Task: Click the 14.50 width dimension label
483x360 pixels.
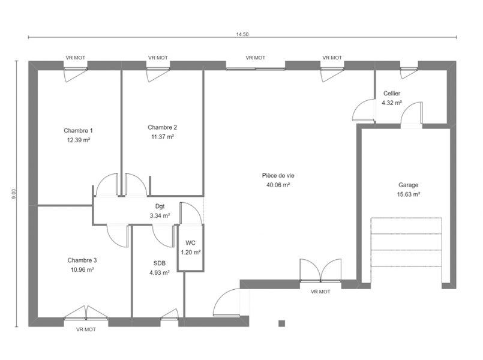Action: point(242,34)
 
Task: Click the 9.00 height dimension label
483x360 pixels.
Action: point(14,194)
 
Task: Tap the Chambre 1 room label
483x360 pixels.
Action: point(78,131)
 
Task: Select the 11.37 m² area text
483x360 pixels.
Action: point(163,137)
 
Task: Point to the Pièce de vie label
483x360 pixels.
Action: point(278,176)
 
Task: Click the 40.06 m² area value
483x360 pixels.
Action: point(278,185)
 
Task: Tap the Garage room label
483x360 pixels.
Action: point(409,185)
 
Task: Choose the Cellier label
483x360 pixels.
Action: point(392,94)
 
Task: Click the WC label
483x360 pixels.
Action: point(191,243)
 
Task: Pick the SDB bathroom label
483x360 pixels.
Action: point(160,263)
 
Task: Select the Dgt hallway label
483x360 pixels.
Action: point(160,206)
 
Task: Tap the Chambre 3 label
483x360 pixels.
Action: point(82,260)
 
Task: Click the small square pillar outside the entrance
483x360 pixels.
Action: point(281,323)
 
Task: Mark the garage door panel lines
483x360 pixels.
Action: point(406,250)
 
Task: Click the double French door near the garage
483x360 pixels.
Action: point(320,271)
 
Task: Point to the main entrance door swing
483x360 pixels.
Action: point(226,302)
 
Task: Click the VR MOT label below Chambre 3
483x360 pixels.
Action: point(86,329)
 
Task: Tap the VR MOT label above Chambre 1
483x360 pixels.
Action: point(76,58)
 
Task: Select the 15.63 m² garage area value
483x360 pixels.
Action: point(409,194)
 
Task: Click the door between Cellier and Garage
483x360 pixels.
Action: point(412,113)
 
